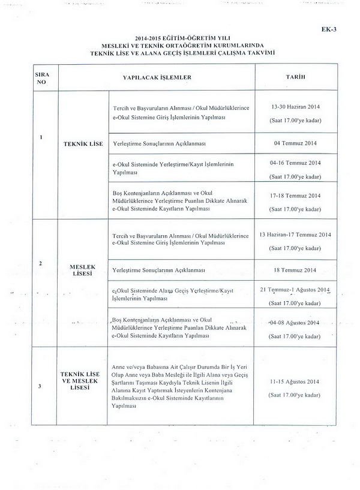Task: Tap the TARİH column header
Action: (x=295, y=78)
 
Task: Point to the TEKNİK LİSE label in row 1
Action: (x=83, y=144)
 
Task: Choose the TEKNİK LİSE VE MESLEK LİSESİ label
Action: (x=83, y=380)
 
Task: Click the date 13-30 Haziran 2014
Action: (x=295, y=106)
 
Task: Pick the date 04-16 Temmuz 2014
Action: (x=295, y=163)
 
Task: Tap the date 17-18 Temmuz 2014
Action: (x=295, y=196)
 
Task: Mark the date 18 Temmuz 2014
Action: (x=295, y=270)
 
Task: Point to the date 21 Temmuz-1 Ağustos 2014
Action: (x=295, y=290)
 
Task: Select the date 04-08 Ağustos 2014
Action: (x=295, y=322)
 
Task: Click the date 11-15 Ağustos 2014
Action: (x=295, y=381)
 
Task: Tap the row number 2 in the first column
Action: (x=41, y=264)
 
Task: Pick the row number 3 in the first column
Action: (x=41, y=386)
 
